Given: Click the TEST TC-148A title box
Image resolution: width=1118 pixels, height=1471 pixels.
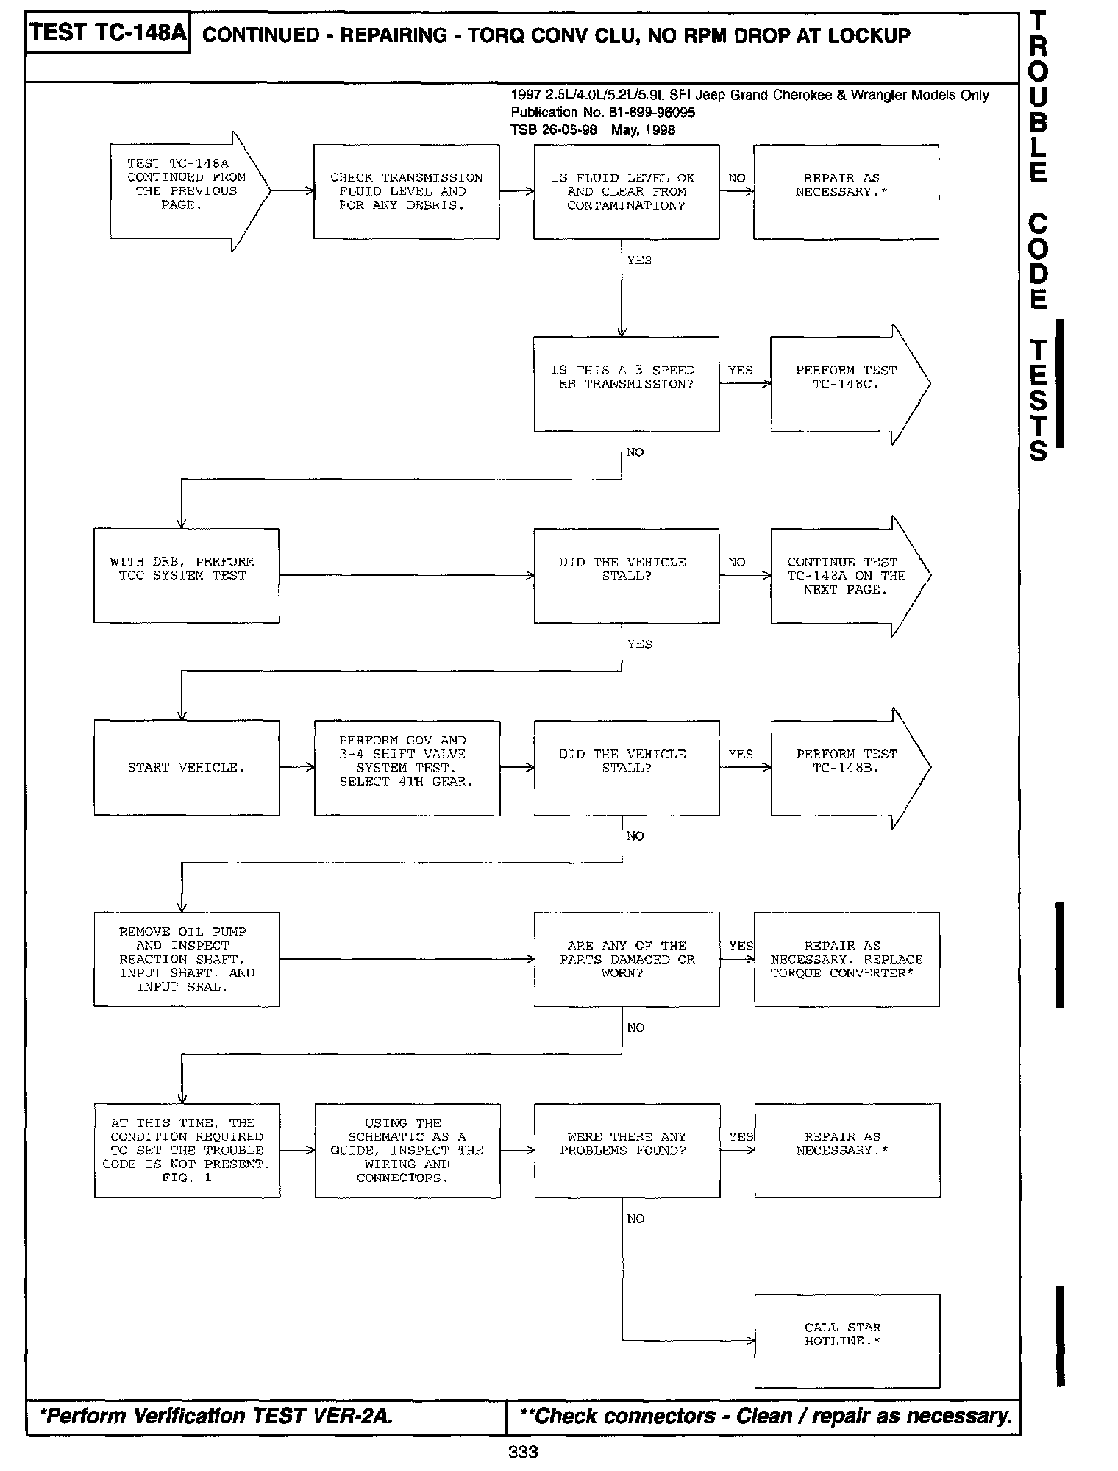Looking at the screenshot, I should (107, 34).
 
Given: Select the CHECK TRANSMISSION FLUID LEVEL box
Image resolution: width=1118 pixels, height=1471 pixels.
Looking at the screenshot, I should (406, 191).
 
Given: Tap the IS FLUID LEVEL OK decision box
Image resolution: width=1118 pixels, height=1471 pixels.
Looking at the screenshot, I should (626, 191).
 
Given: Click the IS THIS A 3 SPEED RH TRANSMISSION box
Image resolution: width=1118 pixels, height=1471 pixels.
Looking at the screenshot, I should (626, 383).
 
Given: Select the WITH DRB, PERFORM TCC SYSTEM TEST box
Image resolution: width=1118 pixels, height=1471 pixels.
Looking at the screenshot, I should (186, 575).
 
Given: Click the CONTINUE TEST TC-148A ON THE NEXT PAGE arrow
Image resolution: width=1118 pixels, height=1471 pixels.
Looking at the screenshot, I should (846, 575).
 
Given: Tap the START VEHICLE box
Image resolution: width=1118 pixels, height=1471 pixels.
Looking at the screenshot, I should (186, 767).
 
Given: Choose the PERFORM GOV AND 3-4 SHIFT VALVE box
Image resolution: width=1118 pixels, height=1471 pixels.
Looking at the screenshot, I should (407, 767).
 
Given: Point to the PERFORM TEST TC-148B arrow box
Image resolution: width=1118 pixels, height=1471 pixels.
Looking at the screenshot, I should (846, 767).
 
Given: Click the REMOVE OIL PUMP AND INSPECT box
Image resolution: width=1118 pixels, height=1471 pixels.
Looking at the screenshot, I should (186, 959).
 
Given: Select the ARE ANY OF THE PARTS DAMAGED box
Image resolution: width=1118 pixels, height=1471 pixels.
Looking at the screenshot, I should (627, 959).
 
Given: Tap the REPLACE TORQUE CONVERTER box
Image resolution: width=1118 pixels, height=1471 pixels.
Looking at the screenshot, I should (847, 959).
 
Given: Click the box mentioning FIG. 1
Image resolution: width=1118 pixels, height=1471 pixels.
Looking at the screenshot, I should (187, 1150).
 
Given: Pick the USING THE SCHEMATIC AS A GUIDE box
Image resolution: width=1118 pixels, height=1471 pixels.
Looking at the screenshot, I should (407, 1150).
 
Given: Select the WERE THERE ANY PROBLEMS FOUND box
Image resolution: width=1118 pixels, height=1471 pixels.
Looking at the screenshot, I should (627, 1150).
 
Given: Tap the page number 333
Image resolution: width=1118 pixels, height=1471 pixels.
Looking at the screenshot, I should (523, 1452).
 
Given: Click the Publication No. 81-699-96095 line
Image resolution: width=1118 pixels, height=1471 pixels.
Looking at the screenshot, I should (603, 113).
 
